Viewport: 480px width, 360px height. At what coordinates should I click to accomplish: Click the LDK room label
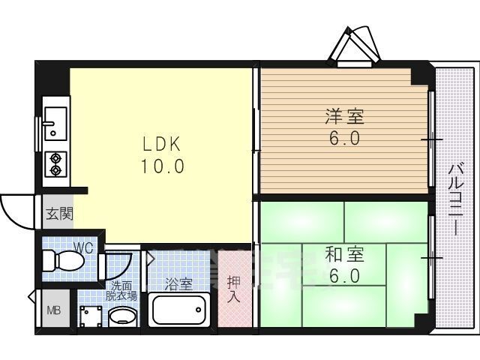[163, 144]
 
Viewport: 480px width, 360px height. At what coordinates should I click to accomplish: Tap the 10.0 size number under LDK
[163, 166]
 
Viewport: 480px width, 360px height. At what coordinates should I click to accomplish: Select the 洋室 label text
[344, 116]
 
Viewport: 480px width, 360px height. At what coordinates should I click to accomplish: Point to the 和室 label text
[344, 254]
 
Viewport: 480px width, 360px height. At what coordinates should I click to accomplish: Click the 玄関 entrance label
[59, 214]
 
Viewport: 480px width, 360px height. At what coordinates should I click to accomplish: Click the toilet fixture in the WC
[63, 260]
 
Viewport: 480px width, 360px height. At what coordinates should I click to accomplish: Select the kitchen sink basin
[55, 124]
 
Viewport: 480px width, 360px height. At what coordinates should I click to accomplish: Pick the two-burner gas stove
[55, 164]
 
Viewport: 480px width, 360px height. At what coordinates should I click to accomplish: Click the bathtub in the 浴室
[179, 309]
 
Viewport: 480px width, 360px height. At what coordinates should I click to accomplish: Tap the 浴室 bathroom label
[178, 284]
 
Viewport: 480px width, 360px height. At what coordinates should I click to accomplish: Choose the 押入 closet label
[234, 289]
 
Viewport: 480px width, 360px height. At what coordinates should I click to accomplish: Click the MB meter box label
[53, 311]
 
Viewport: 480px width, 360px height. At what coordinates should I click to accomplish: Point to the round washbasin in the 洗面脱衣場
[121, 315]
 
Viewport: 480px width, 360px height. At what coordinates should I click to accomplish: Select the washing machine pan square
[91, 316]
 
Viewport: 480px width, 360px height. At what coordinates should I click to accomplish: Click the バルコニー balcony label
[456, 200]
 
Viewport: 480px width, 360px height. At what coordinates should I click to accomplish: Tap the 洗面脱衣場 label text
[121, 291]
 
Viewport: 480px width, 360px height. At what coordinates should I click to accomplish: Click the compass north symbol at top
[354, 46]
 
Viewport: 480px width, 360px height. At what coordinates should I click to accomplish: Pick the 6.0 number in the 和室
[344, 277]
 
